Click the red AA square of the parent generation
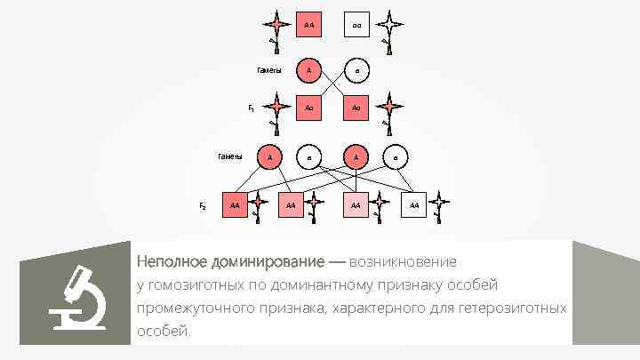click(x=308, y=23)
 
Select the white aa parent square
click(x=356, y=23)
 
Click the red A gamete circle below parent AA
click(x=308, y=69)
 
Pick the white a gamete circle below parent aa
click(x=356, y=69)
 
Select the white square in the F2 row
click(x=413, y=205)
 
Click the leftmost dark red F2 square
click(x=235, y=205)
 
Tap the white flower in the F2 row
click(x=439, y=205)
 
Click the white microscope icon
click(x=77, y=298)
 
